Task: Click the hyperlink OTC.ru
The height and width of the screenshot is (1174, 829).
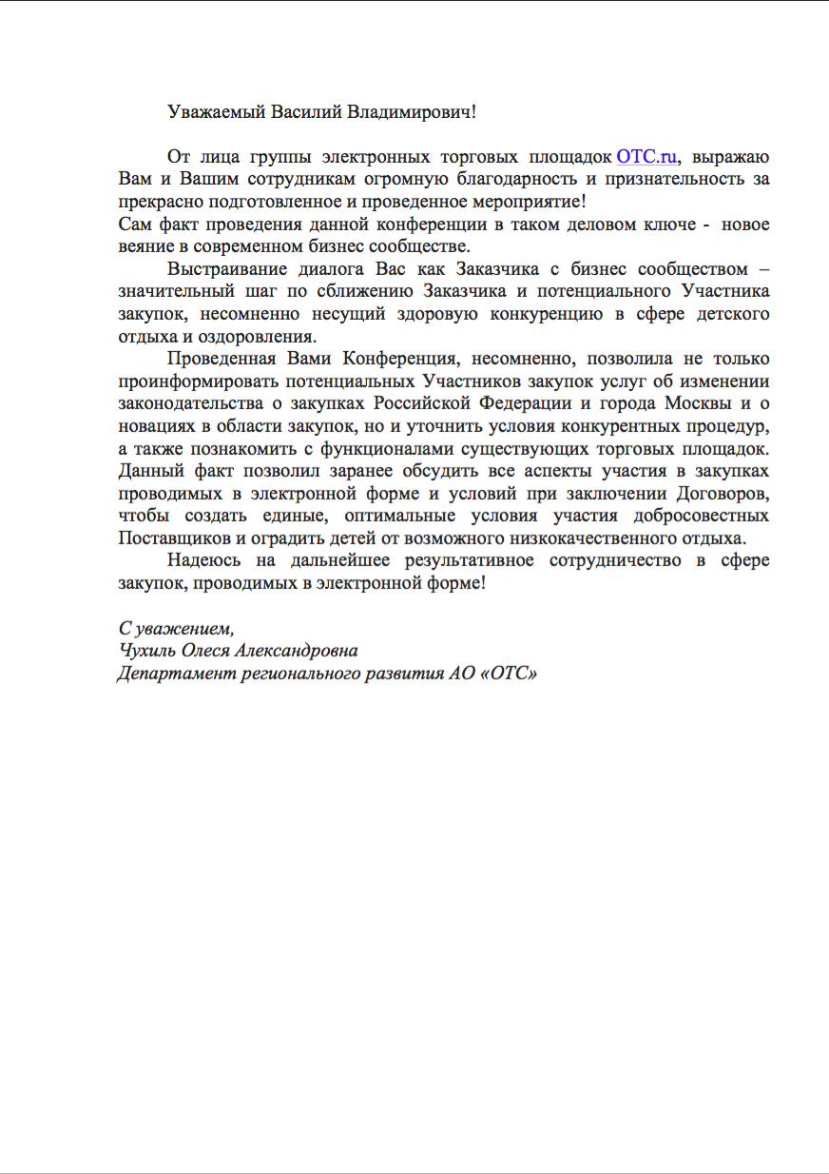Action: click(647, 157)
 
